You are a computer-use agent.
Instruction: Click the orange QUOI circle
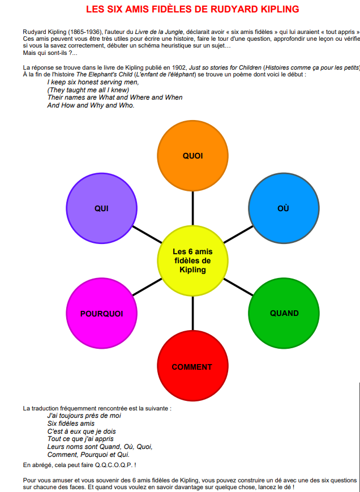192,156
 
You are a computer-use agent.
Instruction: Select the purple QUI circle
102,208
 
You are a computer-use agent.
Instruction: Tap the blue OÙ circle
284,208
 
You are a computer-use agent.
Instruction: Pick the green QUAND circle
284,313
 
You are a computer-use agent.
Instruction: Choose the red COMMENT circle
192,367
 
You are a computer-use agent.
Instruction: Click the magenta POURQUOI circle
102,313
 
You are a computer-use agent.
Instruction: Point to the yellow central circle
192,260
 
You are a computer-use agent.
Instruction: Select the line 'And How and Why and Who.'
91,105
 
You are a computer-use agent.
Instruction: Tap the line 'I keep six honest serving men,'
93,82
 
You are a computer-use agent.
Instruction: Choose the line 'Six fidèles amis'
71,423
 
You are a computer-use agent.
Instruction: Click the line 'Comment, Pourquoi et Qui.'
88,455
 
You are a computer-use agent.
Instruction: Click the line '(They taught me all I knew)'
88,89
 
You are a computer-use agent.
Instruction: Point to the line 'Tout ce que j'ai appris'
80,439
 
